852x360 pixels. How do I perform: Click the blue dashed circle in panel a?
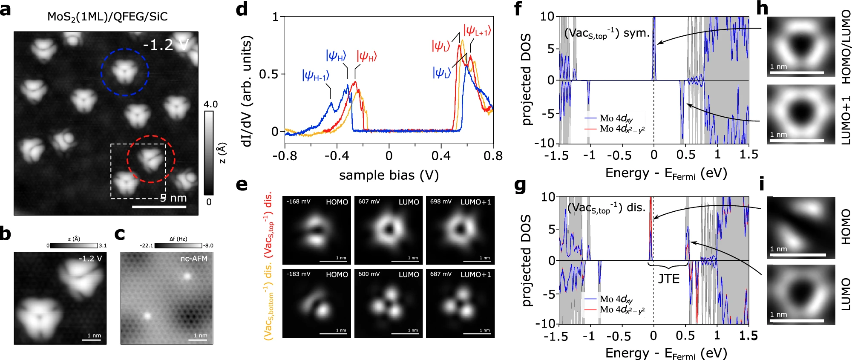click(125, 72)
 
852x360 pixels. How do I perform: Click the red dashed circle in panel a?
click(151, 159)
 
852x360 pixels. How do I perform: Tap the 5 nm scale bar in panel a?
click(159, 207)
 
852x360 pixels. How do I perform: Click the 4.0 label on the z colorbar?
click(210, 104)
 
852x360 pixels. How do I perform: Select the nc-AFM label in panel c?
click(194, 259)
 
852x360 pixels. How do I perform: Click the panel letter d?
click(242, 9)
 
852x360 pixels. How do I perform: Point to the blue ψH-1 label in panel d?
click(315, 76)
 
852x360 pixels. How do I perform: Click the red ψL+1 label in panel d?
click(477, 31)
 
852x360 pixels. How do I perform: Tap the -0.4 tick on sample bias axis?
click(337, 156)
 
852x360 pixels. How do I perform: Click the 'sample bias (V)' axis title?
click(389, 175)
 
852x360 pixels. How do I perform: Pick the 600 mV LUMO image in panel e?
click(389, 303)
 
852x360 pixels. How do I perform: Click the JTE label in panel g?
click(668, 279)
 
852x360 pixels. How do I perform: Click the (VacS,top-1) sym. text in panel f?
click(607, 33)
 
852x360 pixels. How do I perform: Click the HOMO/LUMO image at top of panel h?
click(801, 46)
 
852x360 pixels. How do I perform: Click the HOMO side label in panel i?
click(845, 226)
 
